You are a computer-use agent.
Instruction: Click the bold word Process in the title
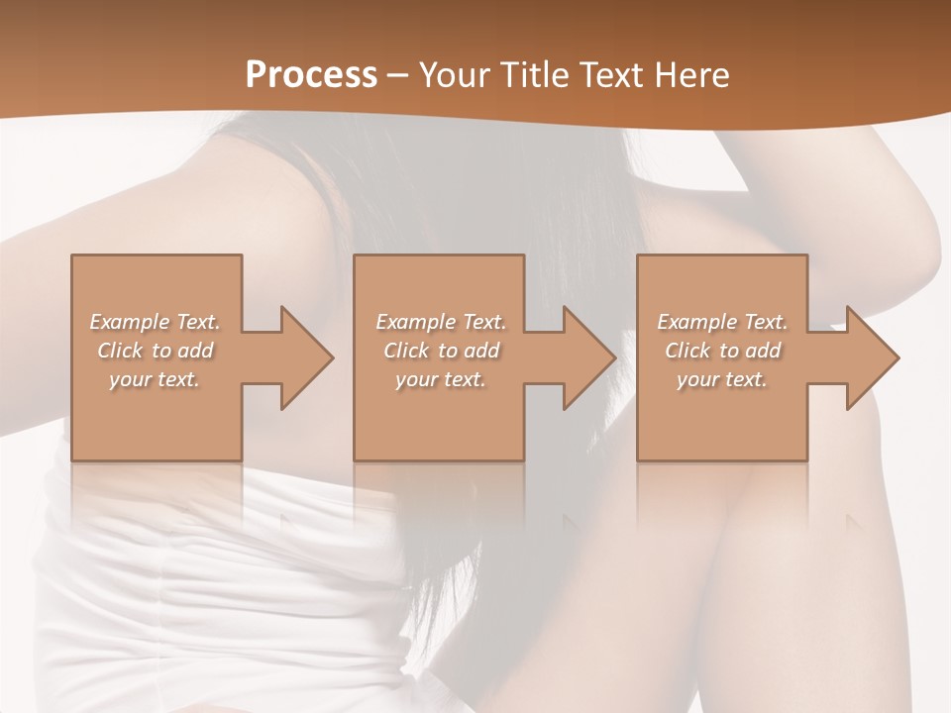[x=311, y=74]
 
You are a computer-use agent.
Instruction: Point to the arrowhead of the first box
[x=306, y=357]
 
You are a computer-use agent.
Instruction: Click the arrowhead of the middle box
[x=589, y=357]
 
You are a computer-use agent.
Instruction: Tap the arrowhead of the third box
[x=873, y=357]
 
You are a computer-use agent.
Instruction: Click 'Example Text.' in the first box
[x=156, y=322]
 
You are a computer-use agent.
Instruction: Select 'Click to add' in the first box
[x=156, y=351]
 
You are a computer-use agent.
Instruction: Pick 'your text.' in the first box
[x=156, y=379]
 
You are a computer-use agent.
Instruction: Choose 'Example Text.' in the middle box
[x=441, y=322]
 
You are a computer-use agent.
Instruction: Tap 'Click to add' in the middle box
[x=441, y=351]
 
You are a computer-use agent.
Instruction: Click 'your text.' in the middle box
[x=441, y=379]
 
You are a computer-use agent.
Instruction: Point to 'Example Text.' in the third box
[x=722, y=322]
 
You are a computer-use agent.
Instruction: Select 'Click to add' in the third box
[x=722, y=351]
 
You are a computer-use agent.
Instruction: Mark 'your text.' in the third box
[x=722, y=379]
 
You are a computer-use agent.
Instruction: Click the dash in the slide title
[x=398, y=75]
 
